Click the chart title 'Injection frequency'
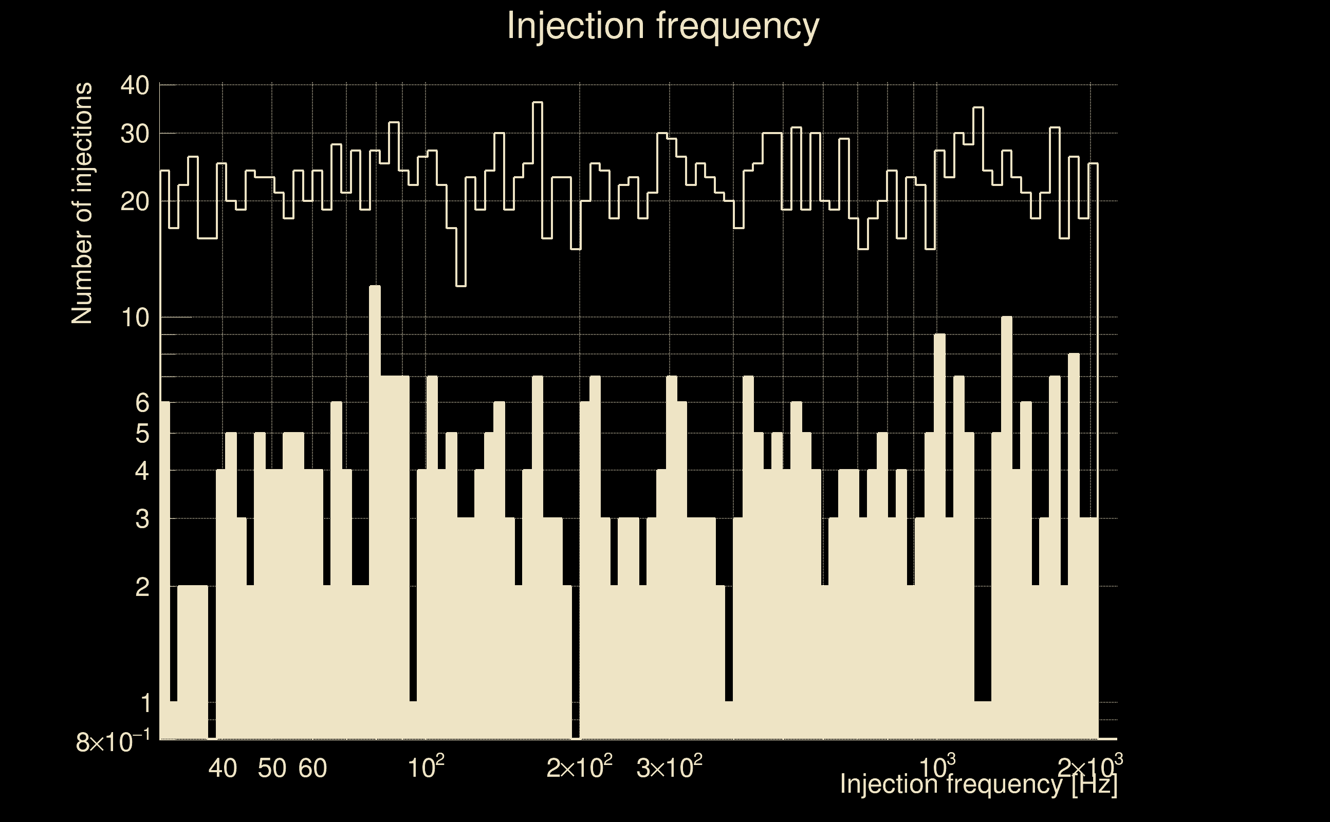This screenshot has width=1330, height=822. point(663,26)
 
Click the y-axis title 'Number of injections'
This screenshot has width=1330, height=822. point(82,203)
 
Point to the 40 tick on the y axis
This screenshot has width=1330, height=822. point(134,85)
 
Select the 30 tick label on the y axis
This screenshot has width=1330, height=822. point(134,133)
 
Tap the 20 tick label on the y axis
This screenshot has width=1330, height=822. point(134,202)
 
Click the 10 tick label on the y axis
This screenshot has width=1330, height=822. point(135,317)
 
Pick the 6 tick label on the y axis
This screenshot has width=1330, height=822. point(141,403)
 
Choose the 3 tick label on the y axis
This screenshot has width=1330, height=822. point(141,519)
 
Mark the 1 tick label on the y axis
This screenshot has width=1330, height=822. point(144,703)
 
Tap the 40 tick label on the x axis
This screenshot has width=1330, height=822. point(223,768)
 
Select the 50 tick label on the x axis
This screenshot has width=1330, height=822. point(272,768)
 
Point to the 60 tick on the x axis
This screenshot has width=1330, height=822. point(312,768)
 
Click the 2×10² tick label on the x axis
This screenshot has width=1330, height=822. point(579,768)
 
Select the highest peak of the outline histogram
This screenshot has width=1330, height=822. point(537,103)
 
